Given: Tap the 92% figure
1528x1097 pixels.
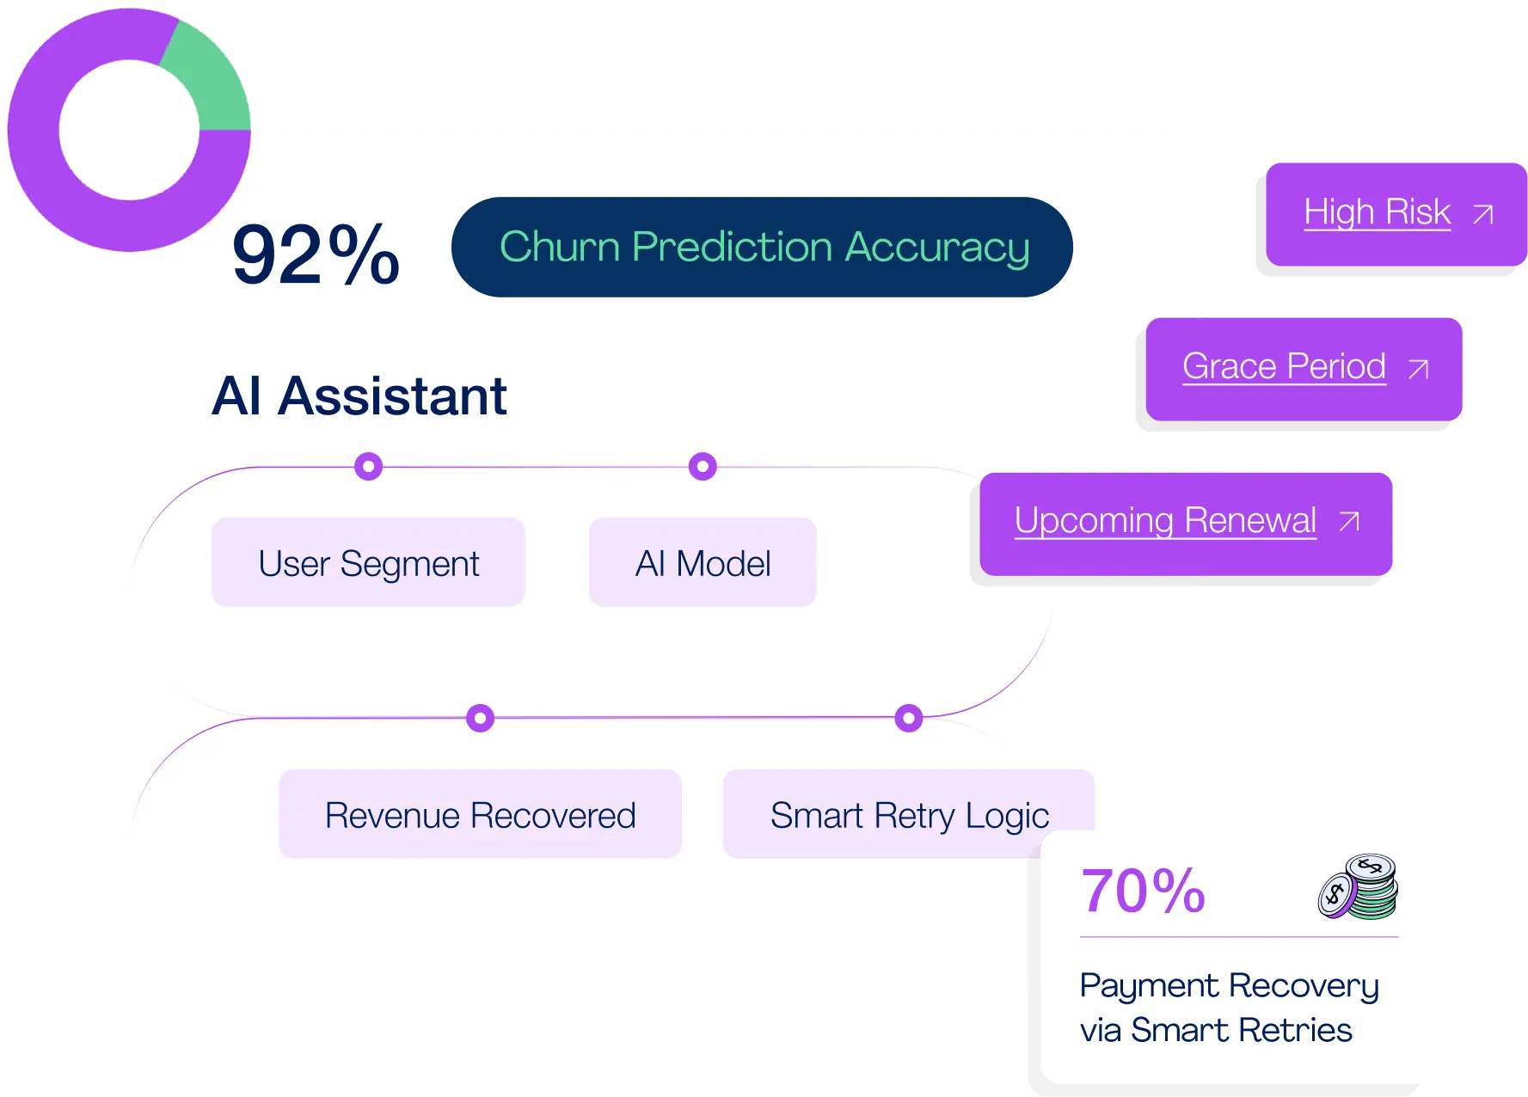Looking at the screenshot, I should point(316,254).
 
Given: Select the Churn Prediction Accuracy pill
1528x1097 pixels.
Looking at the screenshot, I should point(762,248).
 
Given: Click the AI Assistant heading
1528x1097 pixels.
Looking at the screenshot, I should point(359,396).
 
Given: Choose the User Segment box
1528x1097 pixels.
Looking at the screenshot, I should point(368,563).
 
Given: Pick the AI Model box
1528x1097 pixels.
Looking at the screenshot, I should point(703,563).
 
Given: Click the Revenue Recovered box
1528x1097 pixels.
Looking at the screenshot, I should point(480,814).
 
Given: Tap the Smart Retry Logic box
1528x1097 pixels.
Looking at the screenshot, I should point(908,814).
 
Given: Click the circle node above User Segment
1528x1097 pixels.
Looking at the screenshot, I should point(368,467).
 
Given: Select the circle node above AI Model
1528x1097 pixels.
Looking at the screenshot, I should point(703,467).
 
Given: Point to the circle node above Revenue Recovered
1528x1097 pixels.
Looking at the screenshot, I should point(480,718).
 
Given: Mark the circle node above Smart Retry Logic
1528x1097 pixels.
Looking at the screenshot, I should point(908,718).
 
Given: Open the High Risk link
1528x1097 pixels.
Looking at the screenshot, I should point(1377,212).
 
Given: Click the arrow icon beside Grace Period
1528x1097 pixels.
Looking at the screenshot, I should point(1418,370).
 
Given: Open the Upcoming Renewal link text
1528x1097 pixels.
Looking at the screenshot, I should point(1165,520).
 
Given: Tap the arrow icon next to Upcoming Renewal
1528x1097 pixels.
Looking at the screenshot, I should point(1349,521).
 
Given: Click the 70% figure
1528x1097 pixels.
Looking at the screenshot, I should point(1143,891).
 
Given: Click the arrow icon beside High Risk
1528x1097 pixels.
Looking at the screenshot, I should point(1482,214).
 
